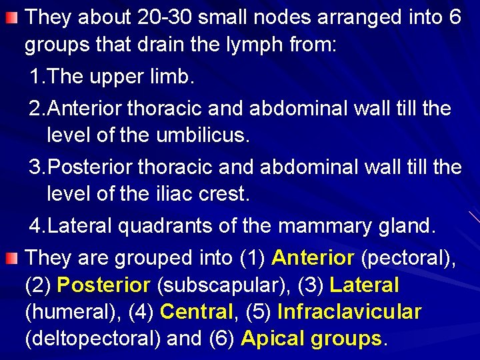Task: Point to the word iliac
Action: click(175, 195)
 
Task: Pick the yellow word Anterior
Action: click(313, 257)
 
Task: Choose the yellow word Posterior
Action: click(103, 285)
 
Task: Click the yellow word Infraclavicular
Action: click(349, 312)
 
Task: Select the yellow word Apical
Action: click(273, 339)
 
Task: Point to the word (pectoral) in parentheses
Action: click(408, 257)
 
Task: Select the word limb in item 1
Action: click(173, 77)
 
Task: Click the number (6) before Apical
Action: click(222, 339)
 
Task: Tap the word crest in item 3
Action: click(225, 195)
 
